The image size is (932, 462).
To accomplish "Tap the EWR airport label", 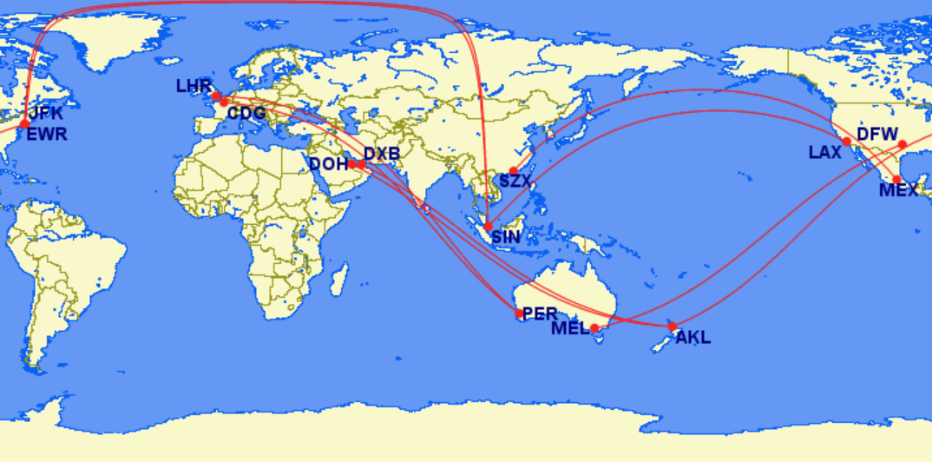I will pos(47,134).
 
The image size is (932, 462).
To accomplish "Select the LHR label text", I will pos(193,86).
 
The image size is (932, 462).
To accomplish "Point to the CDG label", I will pos(246,113).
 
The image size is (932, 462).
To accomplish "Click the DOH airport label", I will pos(327,163).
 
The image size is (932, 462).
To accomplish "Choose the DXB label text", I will pos(382,154).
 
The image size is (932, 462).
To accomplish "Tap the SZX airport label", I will pos(515,181).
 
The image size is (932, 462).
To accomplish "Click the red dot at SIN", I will pos(488,226).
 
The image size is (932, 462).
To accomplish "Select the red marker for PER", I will pos(519,313).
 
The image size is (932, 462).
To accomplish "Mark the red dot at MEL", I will pos(594,328).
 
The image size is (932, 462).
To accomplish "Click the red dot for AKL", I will pos(672,327).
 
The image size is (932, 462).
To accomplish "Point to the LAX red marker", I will pos(847,142).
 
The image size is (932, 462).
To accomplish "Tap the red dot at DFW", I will pos(902,144).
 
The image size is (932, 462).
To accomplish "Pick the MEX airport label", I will pos(898,190).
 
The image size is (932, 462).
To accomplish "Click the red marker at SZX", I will pos(513,171).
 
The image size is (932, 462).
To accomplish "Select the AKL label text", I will pos(692,338).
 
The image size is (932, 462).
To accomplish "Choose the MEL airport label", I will pos(569,328).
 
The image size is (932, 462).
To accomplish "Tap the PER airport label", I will pos(540,313).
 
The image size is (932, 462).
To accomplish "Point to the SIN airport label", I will pos(506,236).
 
